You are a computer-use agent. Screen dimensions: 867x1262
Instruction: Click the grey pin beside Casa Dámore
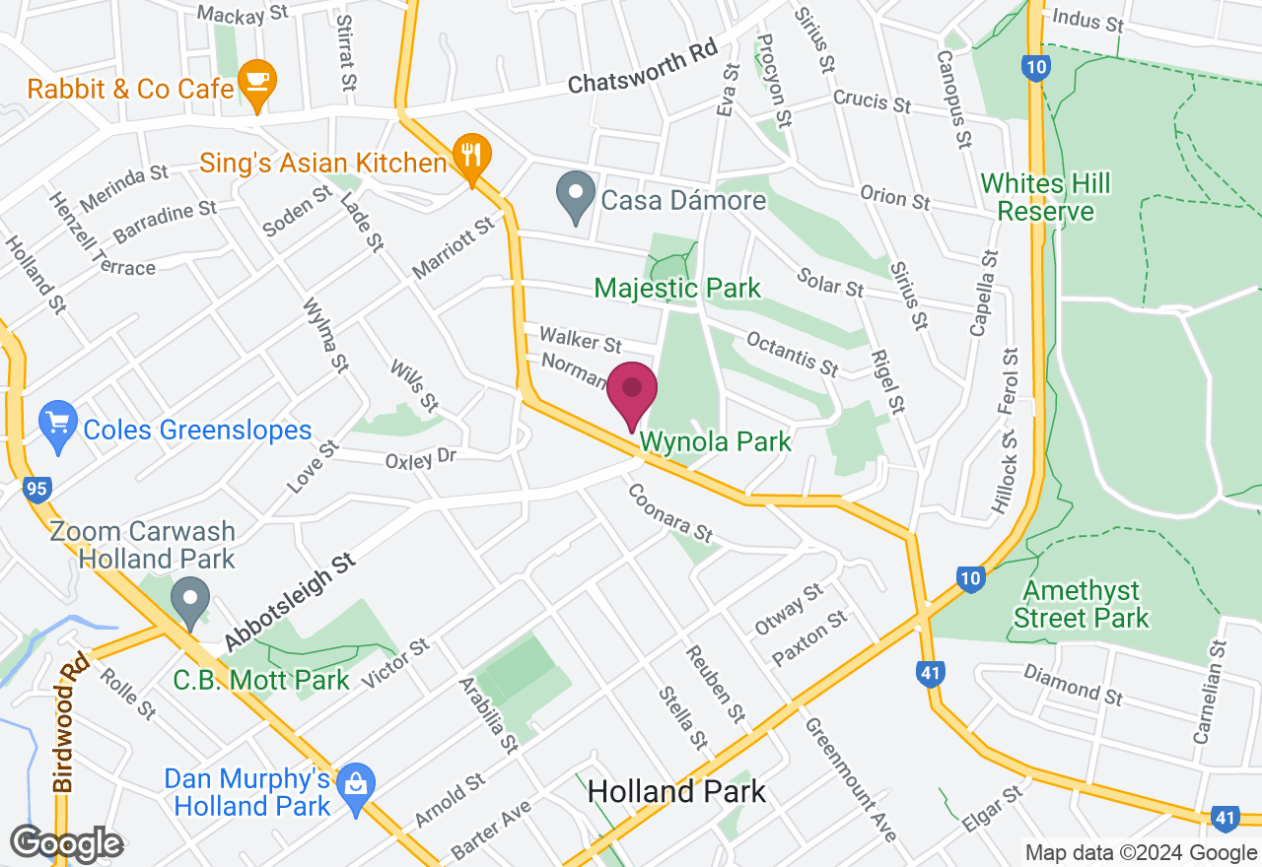pyautogui.click(x=575, y=194)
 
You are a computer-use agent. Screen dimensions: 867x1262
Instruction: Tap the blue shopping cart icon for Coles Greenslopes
pyautogui.click(x=58, y=425)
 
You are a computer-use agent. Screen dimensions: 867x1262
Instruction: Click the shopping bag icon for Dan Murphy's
pyautogui.click(x=352, y=786)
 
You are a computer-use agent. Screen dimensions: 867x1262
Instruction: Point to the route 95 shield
pyautogui.click(x=37, y=489)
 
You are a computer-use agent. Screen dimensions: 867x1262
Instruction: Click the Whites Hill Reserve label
pyautogui.click(x=1046, y=197)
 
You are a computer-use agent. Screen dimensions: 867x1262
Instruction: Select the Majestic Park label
pyautogui.click(x=677, y=288)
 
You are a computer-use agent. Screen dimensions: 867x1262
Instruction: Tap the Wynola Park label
pyautogui.click(x=716, y=441)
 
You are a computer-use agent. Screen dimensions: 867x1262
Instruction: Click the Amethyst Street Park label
pyautogui.click(x=1082, y=604)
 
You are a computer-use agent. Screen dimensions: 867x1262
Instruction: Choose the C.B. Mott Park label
pyautogui.click(x=261, y=680)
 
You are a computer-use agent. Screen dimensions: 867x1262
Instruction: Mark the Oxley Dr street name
pyautogui.click(x=421, y=459)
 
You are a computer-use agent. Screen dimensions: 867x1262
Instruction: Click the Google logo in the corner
pyautogui.click(x=66, y=843)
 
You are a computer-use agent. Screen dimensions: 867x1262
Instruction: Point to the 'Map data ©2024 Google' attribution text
pyautogui.click(x=1141, y=853)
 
